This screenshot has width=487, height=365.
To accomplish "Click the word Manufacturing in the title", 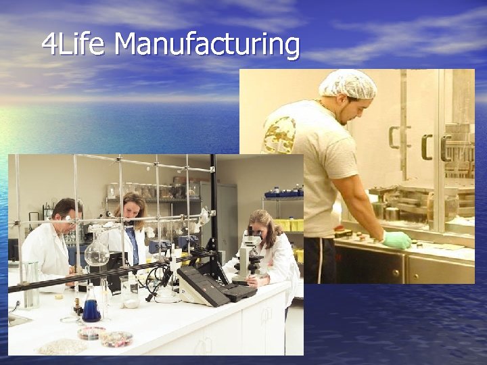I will coord(207,45).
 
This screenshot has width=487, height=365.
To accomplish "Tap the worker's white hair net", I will coord(347,84).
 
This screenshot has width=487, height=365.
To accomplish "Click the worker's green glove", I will coord(396,239).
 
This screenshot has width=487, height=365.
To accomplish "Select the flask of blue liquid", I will coord(91,310).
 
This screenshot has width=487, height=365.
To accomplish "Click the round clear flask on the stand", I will coord(96,253).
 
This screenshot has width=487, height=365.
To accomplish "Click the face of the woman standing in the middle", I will coord(133,208).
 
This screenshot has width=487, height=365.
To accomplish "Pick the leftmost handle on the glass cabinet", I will coord(394,137).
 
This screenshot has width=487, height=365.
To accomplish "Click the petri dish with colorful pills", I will coord(116,338).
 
